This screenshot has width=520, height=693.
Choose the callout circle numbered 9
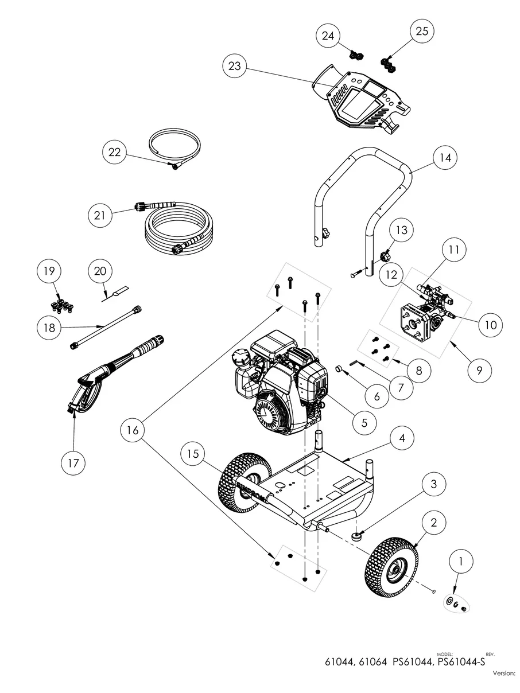[x=479, y=370]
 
